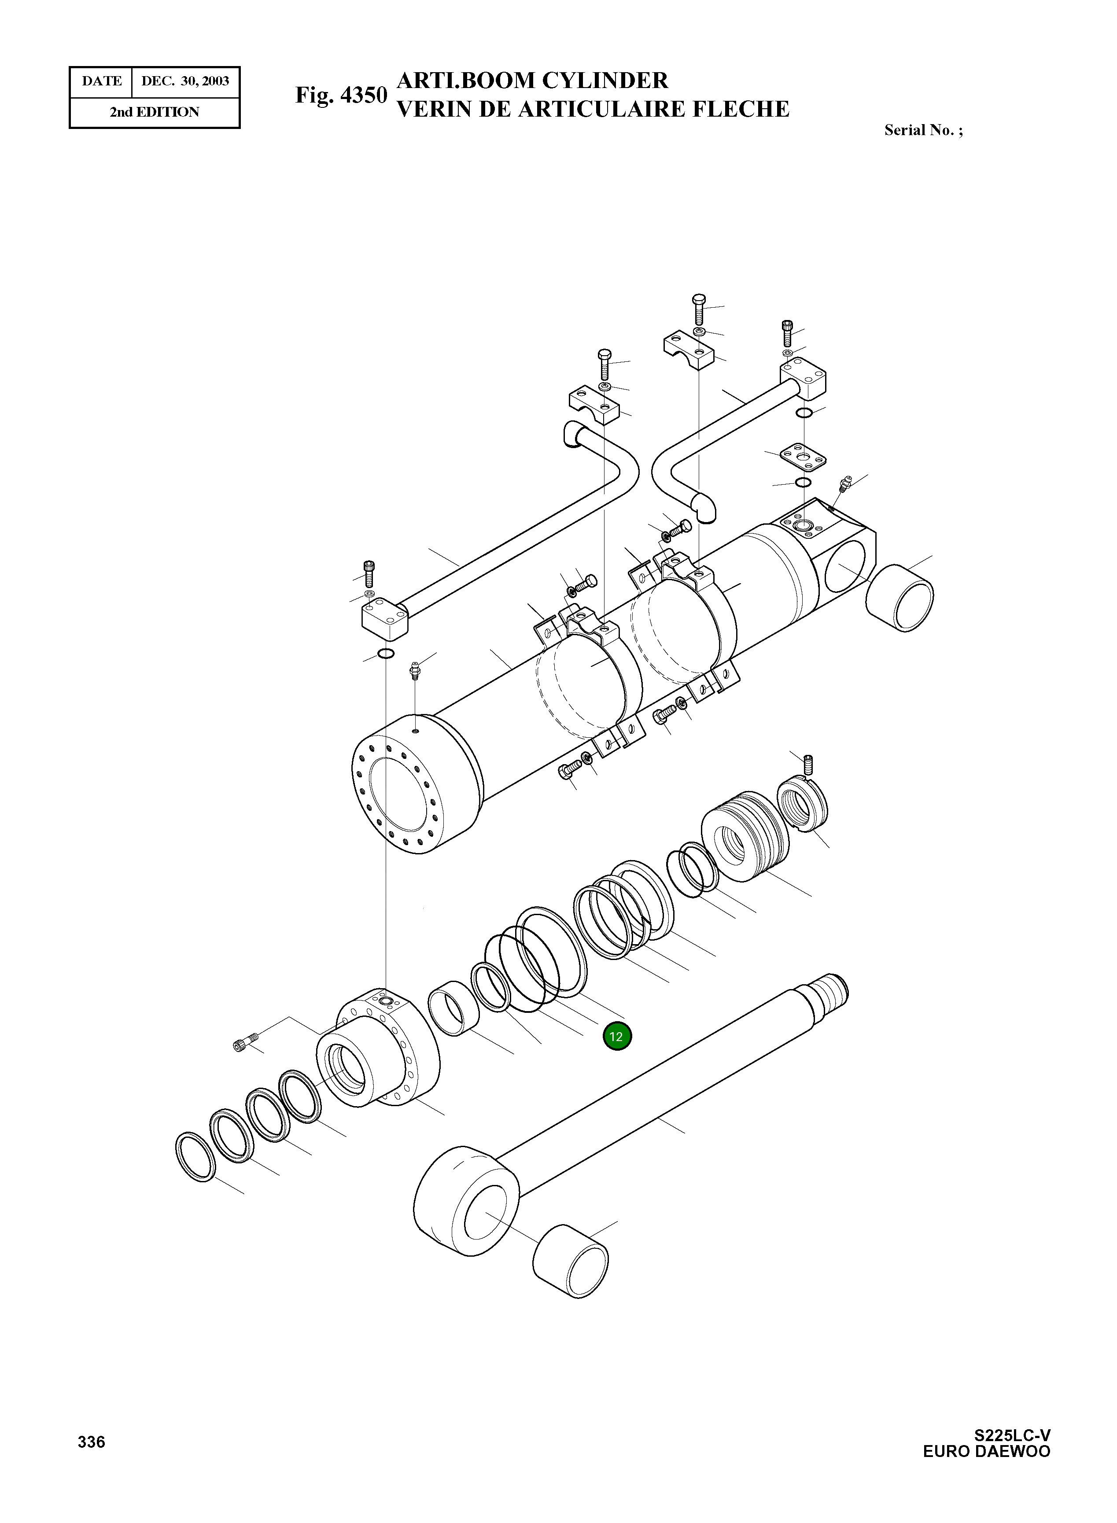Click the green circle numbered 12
[x=617, y=1036]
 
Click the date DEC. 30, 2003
[x=184, y=81]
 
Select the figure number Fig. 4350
[x=341, y=96]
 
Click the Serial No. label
[x=923, y=130]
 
